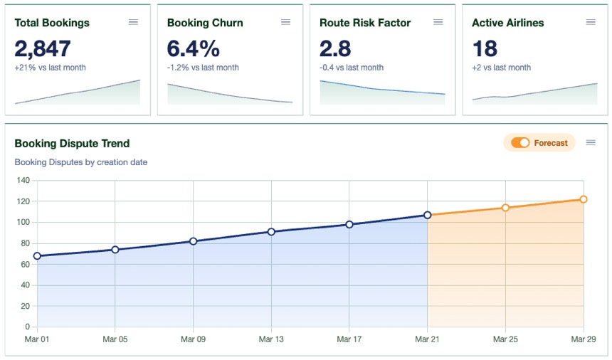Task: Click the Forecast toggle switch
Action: point(520,143)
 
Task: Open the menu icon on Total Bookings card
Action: point(133,22)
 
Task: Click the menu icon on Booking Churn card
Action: point(285,22)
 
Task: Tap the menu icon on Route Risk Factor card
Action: point(438,22)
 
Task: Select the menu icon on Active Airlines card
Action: point(590,22)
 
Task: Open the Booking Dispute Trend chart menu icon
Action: point(590,143)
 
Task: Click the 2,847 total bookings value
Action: point(43,48)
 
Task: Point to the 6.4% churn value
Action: point(193,48)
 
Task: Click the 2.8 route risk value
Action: point(335,48)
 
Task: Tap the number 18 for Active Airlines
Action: point(485,48)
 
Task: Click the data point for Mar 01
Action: point(37,256)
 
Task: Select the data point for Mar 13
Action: point(271,232)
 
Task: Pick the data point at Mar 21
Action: point(428,215)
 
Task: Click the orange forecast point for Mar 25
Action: point(505,208)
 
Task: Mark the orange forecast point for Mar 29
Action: point(583,199)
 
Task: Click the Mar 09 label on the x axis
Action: point(193,339)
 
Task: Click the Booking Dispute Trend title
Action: point(72,144)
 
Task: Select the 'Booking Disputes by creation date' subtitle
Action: point(81,162)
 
